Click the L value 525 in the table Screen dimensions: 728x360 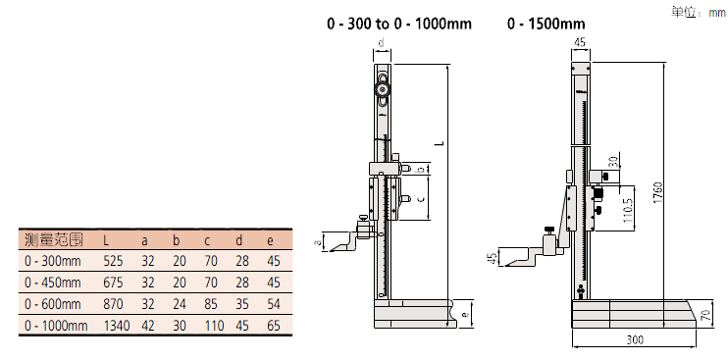point(113,261)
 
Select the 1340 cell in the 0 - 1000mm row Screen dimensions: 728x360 point(117,326)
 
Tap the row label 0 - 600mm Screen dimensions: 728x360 point(52,304)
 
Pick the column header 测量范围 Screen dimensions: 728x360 point(53,240)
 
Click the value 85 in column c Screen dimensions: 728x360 point(211,304)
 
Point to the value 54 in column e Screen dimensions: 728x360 point(274,304)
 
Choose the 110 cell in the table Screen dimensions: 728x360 point(214,326)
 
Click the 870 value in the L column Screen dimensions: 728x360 point(113,304)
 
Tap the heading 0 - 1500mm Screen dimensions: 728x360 point(546,24)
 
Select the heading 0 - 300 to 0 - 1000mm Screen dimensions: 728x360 point(399,24)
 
